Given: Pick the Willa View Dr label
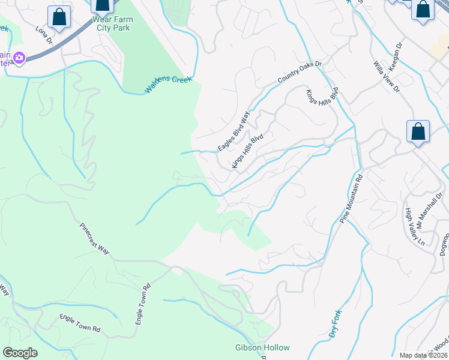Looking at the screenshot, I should tap(386, 76).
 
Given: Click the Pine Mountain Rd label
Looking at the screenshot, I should tap(352, 199).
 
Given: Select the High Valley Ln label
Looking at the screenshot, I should tap(414, 227).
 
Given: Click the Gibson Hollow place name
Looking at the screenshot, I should tap(262, 348).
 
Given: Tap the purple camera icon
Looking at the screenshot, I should tap(19, 58).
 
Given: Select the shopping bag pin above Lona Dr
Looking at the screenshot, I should tap(59, 17).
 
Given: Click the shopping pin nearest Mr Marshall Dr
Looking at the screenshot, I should tap(418, 133).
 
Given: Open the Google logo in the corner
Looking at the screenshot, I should tap(20, 352).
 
